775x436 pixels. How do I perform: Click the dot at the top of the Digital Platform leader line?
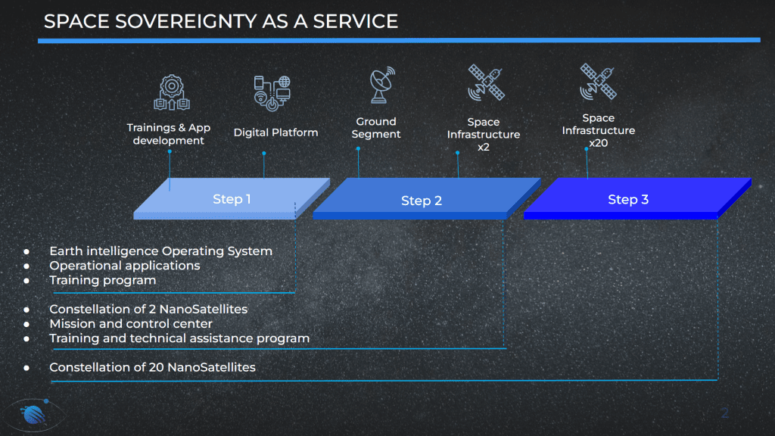[x=264, y=153]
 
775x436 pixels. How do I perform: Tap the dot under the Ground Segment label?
[x=358, y=148]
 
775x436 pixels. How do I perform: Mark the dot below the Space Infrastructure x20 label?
[x=587, y=149]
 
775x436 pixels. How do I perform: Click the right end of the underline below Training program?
[x=295, y=293]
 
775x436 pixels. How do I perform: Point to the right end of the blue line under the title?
[x=760, y=40]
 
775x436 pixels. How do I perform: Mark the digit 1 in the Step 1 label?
[x=247, y=199]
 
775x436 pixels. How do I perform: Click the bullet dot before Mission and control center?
[x=26, y=324]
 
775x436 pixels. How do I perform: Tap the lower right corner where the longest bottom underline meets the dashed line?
[x=717, y=380]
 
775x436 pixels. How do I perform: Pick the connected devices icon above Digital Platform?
[x=272, y=93]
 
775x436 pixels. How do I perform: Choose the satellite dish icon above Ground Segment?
[x=381, y=85]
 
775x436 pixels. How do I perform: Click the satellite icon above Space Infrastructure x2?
[x=486, y=82]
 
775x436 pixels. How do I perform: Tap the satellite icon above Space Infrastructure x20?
[x=598, y=81]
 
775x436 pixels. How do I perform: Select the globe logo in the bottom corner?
[x=33, y=414]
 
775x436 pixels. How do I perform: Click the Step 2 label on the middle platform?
[x=422, y=201]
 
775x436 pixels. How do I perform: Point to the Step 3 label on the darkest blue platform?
[x=628, y=199]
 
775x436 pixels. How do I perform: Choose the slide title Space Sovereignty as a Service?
[x=221, y=21]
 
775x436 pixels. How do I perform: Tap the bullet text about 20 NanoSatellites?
[x=152, y=367]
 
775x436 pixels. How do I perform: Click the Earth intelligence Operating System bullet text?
[x=160, y=251]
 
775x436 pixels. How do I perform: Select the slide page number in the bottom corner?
[x=724, y=413]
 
